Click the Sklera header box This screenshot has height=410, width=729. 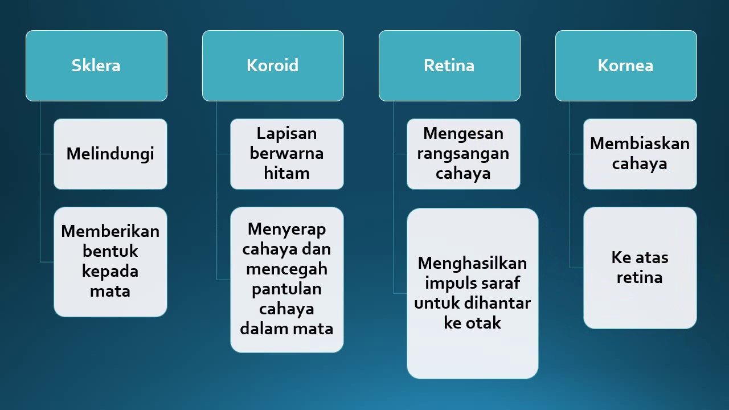click(96, 65)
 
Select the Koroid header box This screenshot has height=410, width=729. click(273, 65)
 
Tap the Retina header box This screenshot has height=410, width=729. click(449, 65)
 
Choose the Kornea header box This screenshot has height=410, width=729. click(626, 65)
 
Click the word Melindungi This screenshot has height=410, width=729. click(110, 154)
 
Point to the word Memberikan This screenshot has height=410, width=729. click(110, 231)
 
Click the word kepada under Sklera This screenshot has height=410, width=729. click(110, 271)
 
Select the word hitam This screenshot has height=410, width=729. click(286, 173)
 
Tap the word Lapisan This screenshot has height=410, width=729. click(286, 133)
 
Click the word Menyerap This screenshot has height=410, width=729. click(287, 229)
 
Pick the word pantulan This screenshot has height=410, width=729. click(286, 289)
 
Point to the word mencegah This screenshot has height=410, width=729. click(286, 269)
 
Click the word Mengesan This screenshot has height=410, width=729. click(463, 134)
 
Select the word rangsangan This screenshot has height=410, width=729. click(463, 154)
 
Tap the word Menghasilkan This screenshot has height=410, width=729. click(472, 263)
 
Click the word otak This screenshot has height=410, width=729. click(484, 323)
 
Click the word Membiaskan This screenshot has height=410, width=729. click(640, 143)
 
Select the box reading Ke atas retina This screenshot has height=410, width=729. click(640, 268)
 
